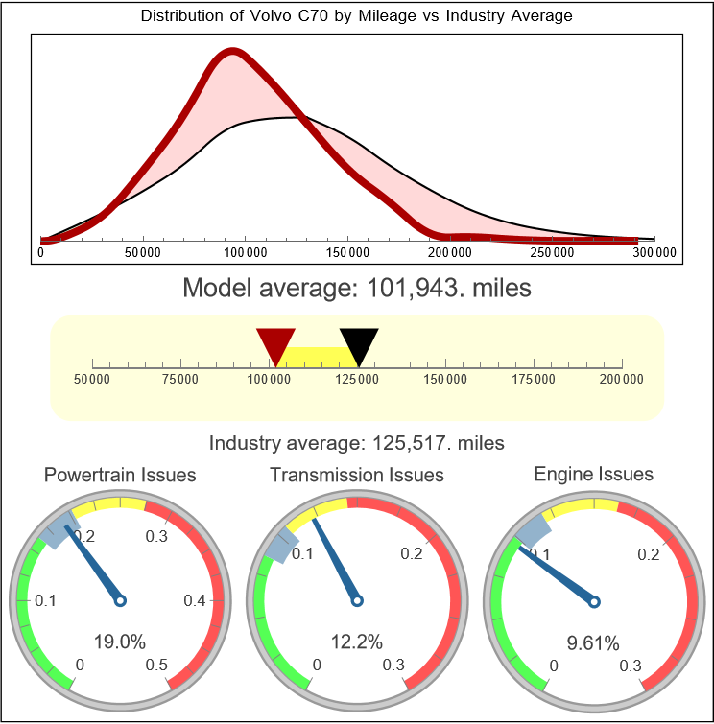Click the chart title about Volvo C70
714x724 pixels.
[356, 16]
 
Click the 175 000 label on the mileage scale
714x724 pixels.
[534, 380]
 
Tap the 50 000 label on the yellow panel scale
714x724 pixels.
[92, 380]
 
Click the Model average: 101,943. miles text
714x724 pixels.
[356, 288]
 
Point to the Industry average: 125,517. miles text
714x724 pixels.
[356, 443]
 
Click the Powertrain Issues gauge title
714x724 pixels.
[120, 475]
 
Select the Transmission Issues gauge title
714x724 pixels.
[357, 475]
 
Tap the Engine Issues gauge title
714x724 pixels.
[593, 474]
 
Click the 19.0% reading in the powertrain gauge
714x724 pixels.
[119, 642]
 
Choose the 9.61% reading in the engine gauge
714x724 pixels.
[593, 642]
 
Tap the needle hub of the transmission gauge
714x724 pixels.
[357, 601]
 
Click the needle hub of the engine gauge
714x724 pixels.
[593, 601]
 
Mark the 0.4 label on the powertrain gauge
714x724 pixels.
[195, 601]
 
